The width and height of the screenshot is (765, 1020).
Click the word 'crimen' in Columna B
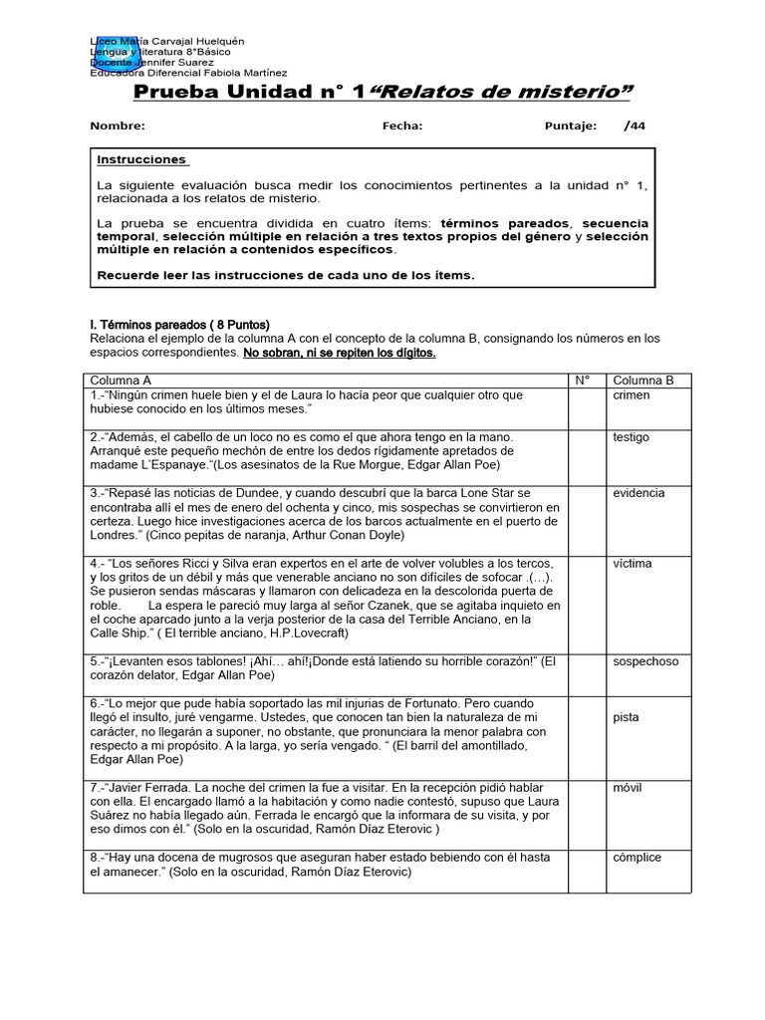coord(631,395)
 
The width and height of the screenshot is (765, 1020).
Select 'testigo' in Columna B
coord(632,437)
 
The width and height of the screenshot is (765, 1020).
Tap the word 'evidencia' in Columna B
coord(638,493)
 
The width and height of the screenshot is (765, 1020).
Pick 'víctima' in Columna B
coord(633,564)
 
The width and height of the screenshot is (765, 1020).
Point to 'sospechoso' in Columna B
coord(644,660)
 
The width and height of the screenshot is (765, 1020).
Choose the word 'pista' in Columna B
coord(627,717)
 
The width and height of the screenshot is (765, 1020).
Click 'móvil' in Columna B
coord(629,788)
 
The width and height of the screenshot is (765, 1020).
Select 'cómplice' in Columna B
coord(637,858)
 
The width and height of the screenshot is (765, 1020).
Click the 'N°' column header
coord(583,381)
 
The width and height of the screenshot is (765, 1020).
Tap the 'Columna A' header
coord(121,381)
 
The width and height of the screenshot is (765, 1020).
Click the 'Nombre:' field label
coord(118,127)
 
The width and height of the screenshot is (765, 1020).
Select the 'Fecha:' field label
coord(402,127)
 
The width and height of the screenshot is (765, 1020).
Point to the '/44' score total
coord(635,127)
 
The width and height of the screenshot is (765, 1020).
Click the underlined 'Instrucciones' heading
coord(141,159)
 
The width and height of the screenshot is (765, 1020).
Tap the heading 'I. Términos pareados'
coord(147,325)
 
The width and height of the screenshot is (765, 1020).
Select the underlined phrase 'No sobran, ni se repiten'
coord(322,353)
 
